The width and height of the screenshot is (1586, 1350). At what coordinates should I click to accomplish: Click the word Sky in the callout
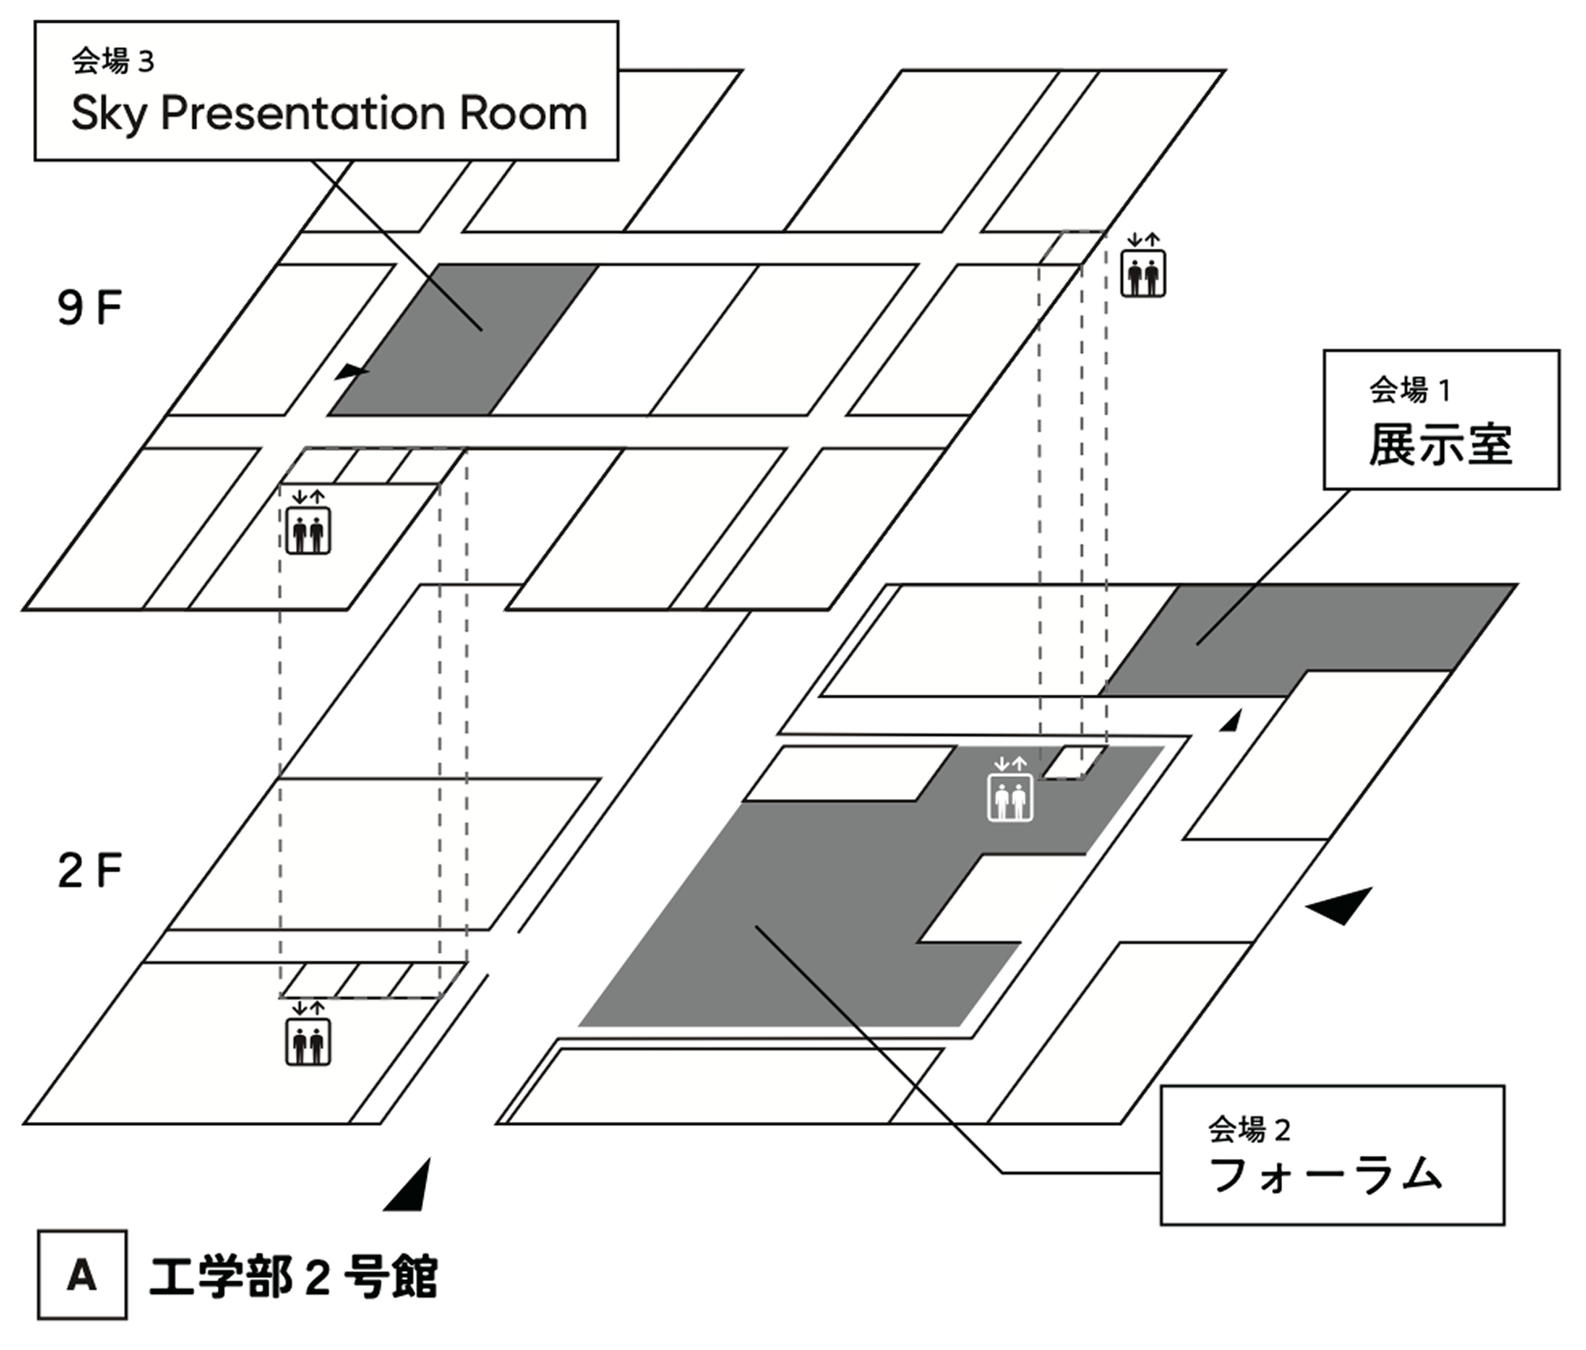(x=109, y=114)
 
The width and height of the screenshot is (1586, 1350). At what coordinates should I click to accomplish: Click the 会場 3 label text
(x=113, y=62)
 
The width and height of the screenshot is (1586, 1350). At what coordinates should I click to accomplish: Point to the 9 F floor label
(x=89, y=308)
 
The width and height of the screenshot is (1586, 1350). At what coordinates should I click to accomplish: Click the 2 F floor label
(x=89, y=871)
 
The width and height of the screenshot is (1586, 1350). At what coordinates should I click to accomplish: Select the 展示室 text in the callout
(x=1440, y=444)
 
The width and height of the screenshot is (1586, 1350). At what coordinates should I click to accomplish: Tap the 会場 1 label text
(x=1409, y=390)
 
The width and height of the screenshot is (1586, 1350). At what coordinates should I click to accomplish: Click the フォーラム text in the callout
(x=1326, y=1175)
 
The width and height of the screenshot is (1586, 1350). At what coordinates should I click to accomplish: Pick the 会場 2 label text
(x=1248, y=1130)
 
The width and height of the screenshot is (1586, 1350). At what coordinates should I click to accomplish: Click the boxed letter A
(x=82, y=1274)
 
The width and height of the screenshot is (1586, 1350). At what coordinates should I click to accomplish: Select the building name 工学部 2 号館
(x=293, y=1276)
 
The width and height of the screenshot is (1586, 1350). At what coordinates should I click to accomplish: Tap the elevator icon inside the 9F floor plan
(x=308, y=531)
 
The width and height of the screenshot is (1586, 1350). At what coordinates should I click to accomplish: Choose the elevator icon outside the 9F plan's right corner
(x=1143, y=273)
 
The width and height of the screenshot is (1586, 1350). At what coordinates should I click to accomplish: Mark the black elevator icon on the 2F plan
(x=308, y=1042)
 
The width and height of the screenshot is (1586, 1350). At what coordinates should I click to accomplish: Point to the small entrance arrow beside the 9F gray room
(x=350, y=372)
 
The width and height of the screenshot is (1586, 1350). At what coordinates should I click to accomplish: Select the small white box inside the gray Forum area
(x=1074, y=763)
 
